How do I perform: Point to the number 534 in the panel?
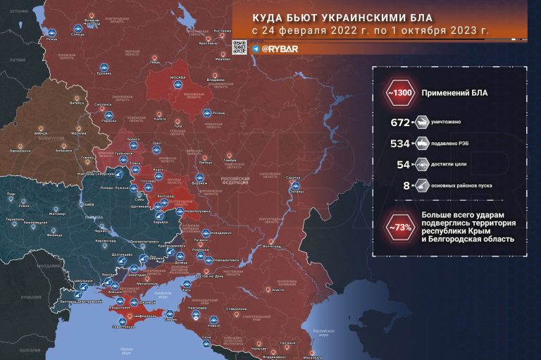399,144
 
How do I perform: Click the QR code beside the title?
240,48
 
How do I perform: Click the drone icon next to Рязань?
206,113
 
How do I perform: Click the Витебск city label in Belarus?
66,103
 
